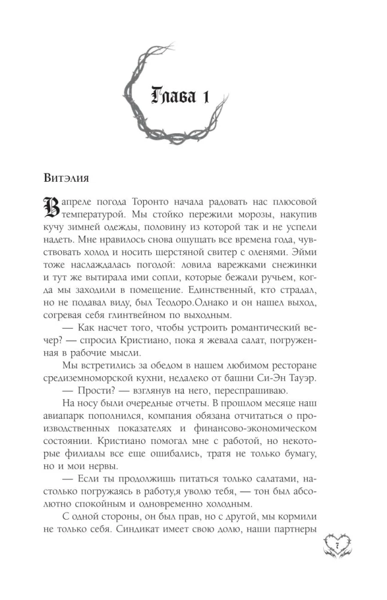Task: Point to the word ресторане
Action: [x=290, y=366]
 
